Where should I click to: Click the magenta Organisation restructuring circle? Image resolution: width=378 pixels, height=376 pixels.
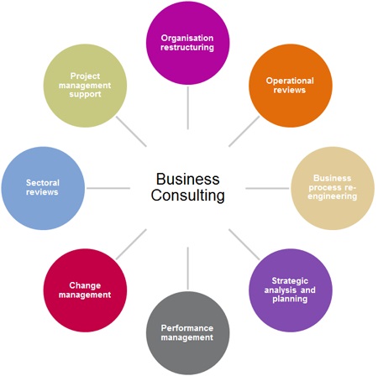pyautogui.click(x=187, y=43)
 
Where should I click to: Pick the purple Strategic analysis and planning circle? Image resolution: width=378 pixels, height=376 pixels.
pyautogui.click(x=291, y=289)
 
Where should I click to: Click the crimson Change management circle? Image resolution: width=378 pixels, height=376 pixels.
pyautogui.click(x=90, y=289)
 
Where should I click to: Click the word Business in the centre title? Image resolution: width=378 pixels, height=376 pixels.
pyautogui.click(x=187, y=180)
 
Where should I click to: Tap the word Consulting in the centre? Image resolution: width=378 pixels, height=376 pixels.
pyautogui.click(x=187, y=196)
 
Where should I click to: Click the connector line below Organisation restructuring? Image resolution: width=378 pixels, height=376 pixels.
pyautogui.click(x=187, y=107)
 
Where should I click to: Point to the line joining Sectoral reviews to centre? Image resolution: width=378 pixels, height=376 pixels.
pyautogui.click(x=108, y=187)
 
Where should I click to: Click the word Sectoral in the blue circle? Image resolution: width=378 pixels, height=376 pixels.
pyautogui.click(x=43, y=181)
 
